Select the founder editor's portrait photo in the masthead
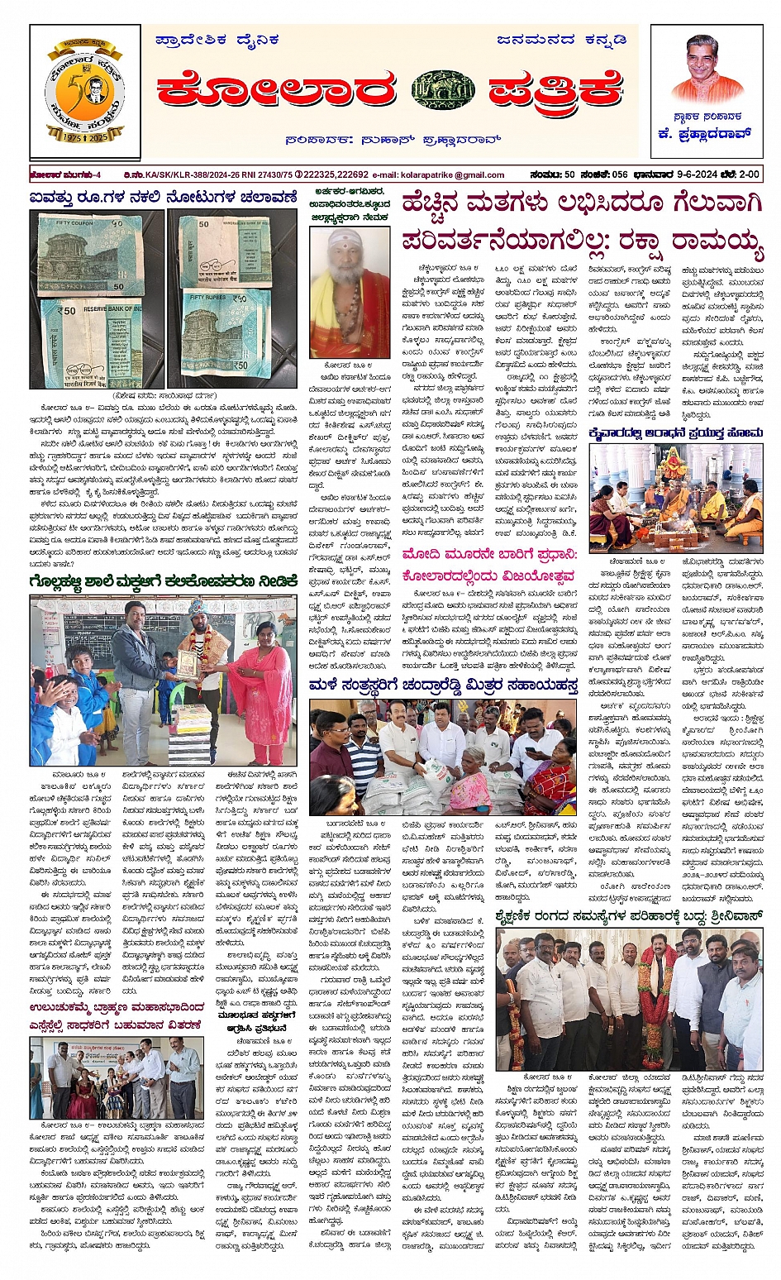coord(707,69)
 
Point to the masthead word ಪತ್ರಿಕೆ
coord(555,89)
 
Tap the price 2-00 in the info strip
coord(748,174)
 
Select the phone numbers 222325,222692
coord(336,175)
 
